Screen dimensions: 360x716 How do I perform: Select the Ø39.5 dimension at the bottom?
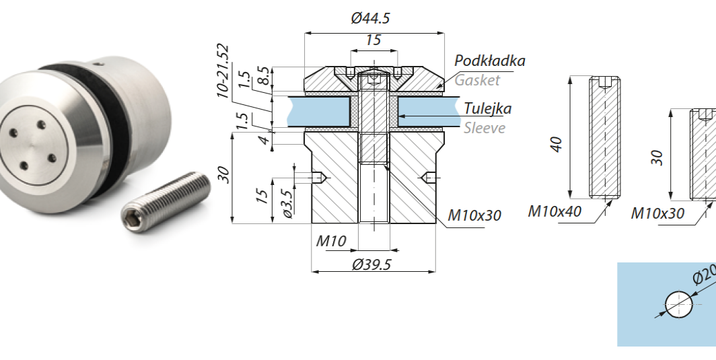371,264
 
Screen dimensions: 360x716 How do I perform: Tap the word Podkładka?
489,61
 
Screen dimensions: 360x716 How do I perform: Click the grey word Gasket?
477,80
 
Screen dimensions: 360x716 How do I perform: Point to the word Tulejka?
487,108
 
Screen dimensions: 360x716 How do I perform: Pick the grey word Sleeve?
484,128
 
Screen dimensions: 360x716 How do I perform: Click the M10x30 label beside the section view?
474,216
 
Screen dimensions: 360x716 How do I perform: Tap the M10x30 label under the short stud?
657,214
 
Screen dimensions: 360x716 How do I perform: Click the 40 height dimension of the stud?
557,144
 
